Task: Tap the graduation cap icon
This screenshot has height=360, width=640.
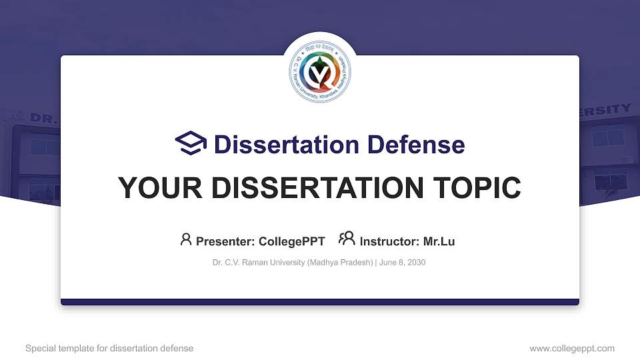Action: (191, 143)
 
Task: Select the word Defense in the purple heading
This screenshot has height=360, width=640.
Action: (416, 144)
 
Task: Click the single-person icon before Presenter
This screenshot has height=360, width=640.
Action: (186, 239)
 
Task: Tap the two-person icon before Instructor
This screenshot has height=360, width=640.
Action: (347, 239)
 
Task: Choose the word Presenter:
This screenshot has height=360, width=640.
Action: (225, 241)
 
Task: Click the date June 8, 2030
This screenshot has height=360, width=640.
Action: (403, 263)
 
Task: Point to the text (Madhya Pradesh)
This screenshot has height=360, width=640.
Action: (340, 263)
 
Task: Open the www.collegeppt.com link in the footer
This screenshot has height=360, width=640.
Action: (571, 348)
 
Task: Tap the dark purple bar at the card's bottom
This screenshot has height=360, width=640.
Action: (320, 302)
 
